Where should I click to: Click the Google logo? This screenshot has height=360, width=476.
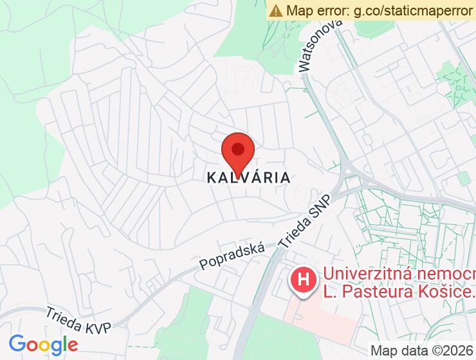pyautogui.click(x=43, y=344)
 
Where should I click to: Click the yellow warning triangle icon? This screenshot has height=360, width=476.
pyautogui.click(x=276, y=10)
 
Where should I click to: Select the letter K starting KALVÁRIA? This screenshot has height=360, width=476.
pyautogui.click(x=211, y=177)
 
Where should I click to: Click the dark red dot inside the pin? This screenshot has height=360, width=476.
pyautogui.click(x=238, y=150)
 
